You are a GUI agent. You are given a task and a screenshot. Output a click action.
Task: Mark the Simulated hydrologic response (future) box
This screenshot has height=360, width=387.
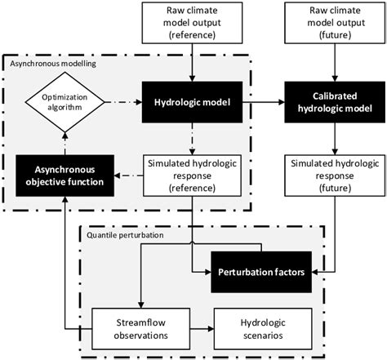coord(329,176)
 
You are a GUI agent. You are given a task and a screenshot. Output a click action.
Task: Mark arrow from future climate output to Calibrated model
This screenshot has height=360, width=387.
coord(329,64)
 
